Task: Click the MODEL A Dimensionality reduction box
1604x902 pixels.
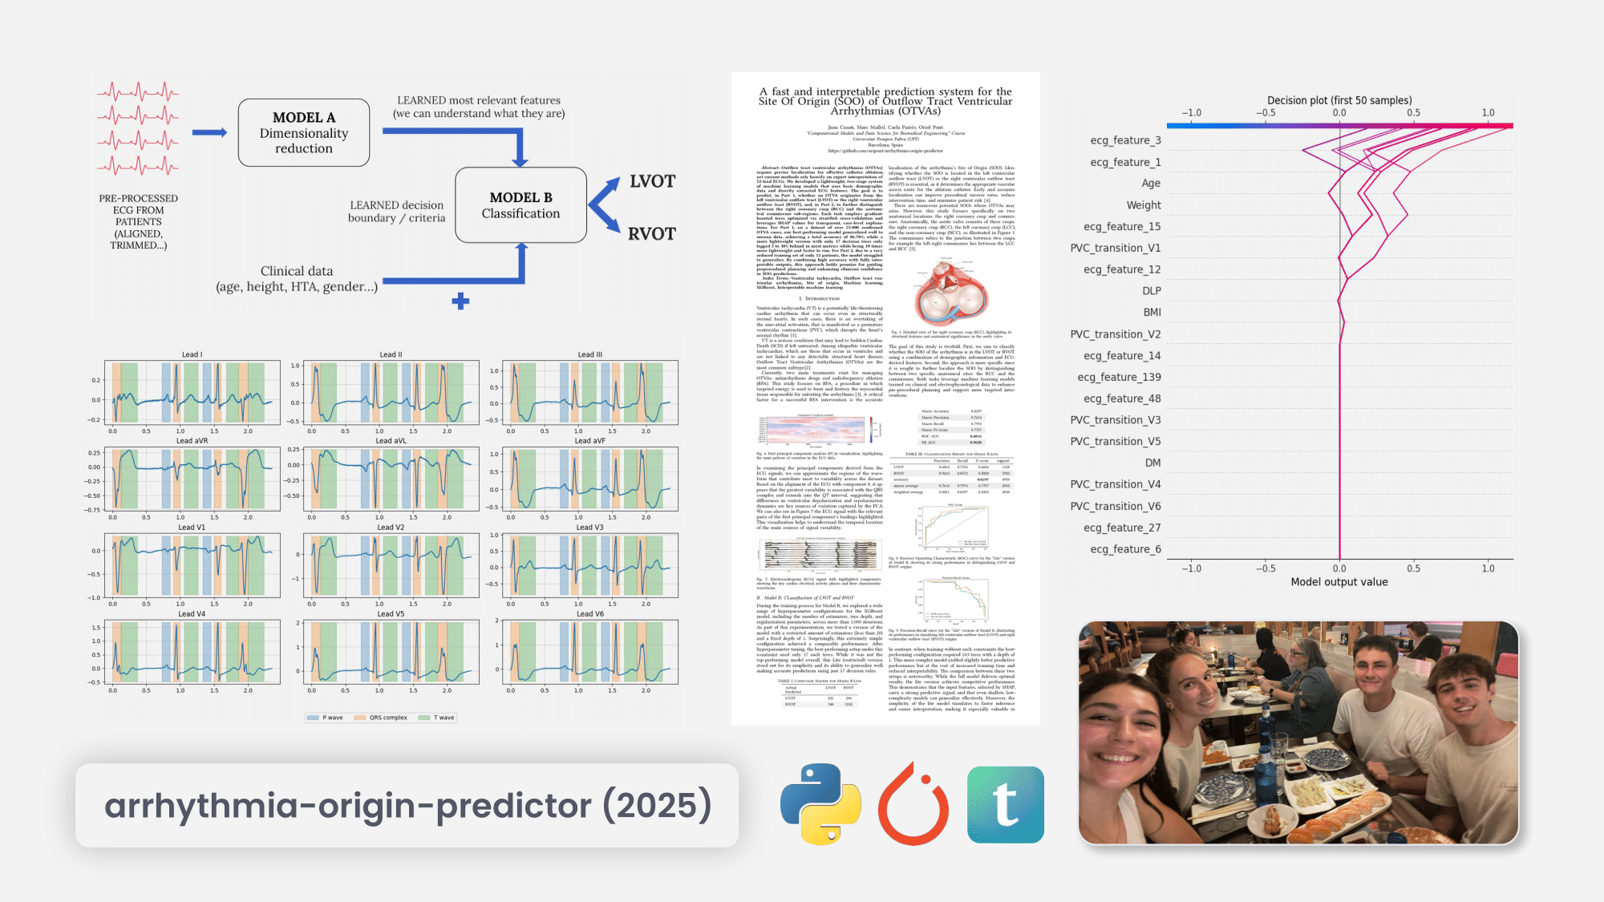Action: pyautogui.click(x=304, y=132)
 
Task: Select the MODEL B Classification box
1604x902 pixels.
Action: pyautogui.click(x=520, y=205)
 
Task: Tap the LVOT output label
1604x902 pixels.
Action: pyautogui.click(x=652, y=182)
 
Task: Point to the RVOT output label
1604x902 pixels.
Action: pyautogui.click(x=651, y=234)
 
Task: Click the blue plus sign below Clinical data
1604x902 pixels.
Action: pyautogui.click(x=460, y=301)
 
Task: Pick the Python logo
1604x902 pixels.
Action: pyautogui.click(x=820, y=804)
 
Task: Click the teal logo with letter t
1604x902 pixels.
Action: pyautogui.click(x=1006, y=805)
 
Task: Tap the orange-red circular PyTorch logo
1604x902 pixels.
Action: pyautogui.click(x=913, y=805)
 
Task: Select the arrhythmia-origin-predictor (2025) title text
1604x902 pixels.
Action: pyautogui.click(x=407, y=806)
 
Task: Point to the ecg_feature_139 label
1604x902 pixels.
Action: pyautogui.click(x=1119, y=377)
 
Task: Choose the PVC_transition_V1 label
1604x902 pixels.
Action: pyautogui.click(x=1115, y=248)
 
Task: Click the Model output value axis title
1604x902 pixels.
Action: pyautogui.click(x=1339, y=582)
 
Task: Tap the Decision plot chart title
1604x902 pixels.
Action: pyautogui.click(x=1339, y=100)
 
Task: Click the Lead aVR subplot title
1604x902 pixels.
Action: pyautogui.click(x=192, y=441)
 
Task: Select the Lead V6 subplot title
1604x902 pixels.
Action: pyautogui.click(x=590, y=614)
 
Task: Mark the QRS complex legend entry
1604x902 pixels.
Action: pyautogui.click(x=387, y=718)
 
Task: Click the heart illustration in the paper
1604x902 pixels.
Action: pyautogui.click(x=951, y=293)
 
